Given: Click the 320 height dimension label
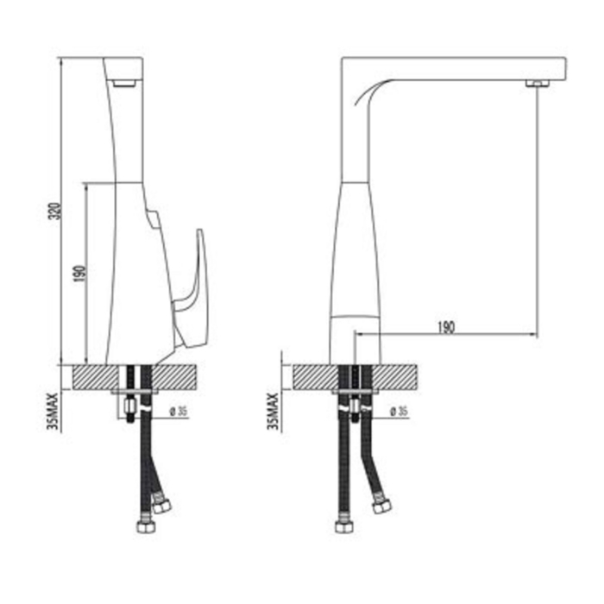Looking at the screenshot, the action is point(56,211).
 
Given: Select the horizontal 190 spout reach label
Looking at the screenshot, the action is point(446,327).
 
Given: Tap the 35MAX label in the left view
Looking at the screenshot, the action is point(53,412).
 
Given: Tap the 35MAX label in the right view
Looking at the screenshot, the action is point(273,412).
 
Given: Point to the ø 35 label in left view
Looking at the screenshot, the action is point(179,412).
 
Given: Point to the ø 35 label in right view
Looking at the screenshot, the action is point(399,412).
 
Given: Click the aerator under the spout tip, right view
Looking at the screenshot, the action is point(538,83).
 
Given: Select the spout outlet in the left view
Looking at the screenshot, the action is point(124,83).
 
